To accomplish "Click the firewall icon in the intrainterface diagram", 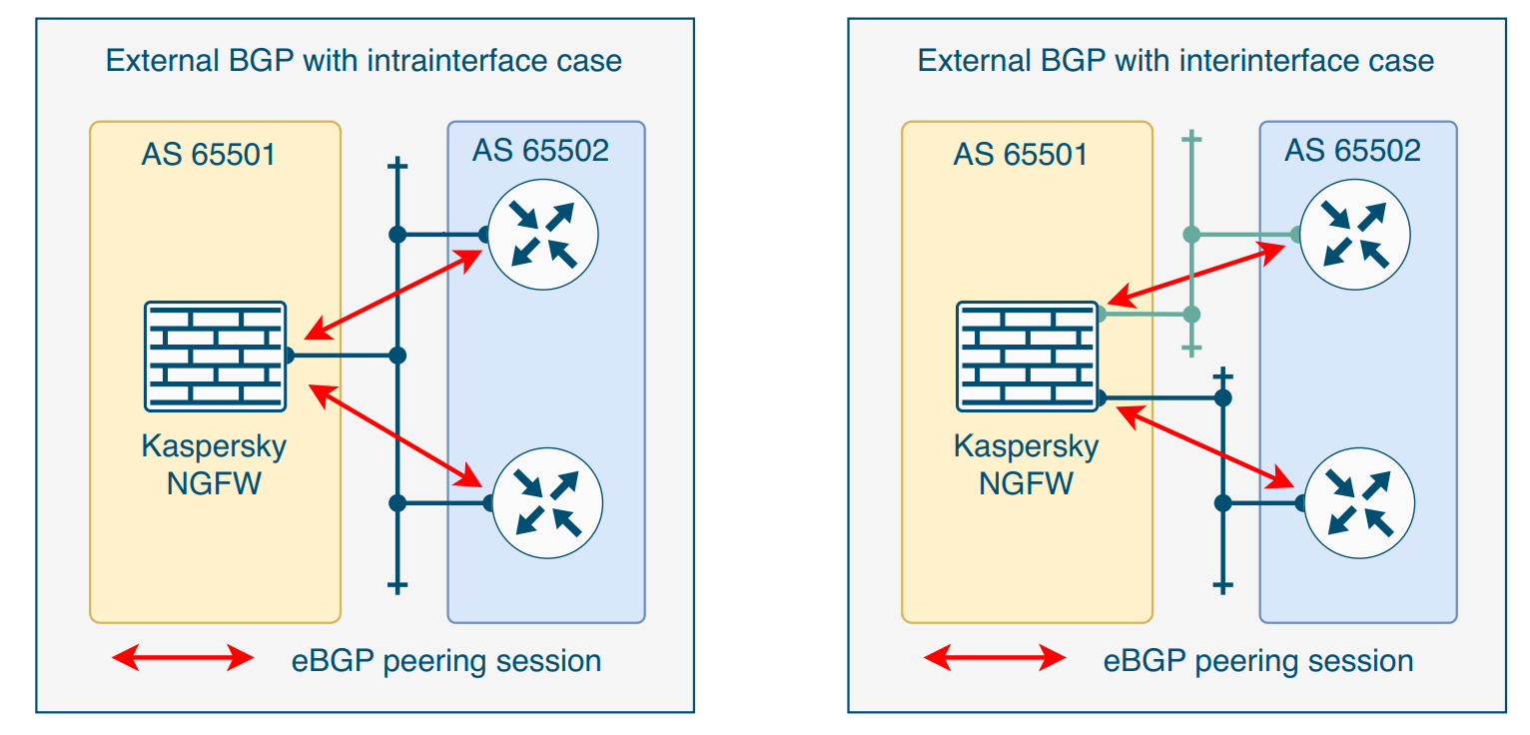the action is point(215,356).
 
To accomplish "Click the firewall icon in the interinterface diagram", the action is point(1028,356).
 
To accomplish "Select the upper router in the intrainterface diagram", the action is point(543,235).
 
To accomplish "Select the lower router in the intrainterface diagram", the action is point(547,502).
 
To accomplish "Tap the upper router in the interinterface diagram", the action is point(1355,235).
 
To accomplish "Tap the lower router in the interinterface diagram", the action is point(1359,502).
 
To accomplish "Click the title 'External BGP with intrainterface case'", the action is point(364,61).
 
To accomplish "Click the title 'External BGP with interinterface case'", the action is point(1175,61).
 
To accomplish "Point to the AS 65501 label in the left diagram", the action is point(209,155).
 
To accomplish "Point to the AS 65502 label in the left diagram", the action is point(540,150).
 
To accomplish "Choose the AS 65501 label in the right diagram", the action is point(1021,155).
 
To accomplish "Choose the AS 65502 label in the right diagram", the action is point(1352,150).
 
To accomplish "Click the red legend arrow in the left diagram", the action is point(183,658).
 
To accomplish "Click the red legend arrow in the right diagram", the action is point(995,658).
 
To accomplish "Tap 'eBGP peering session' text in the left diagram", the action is point(446,661).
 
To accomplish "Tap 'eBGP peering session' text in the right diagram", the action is point(1258,661).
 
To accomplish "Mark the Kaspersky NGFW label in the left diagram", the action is point(214,464).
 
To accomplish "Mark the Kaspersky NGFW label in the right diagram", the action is point(1026,464).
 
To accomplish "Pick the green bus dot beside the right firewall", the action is point(1191,315).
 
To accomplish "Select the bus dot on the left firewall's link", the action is point(397,356).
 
